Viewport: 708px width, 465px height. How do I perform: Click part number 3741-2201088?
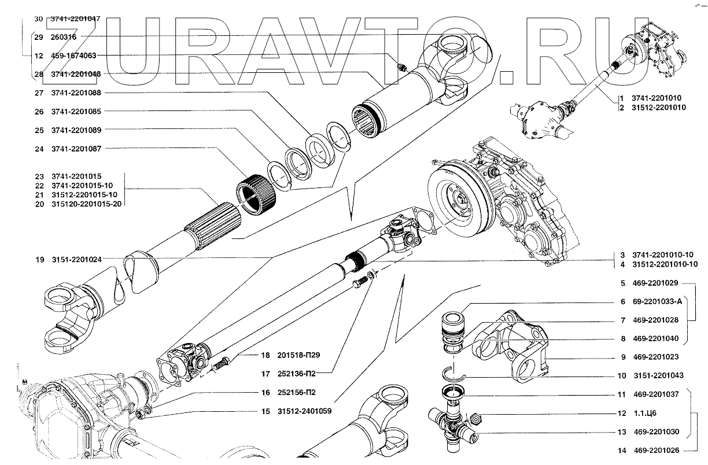tap(76, 93)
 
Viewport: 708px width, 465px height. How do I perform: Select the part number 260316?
tap(64, 38)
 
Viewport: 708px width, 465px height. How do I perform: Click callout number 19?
tap(39, 260)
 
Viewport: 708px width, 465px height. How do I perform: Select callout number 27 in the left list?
tap(39, 93)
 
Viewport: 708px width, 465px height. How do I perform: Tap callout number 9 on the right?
tap(622, 357)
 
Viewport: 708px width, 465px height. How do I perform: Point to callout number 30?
tap(39, 19)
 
